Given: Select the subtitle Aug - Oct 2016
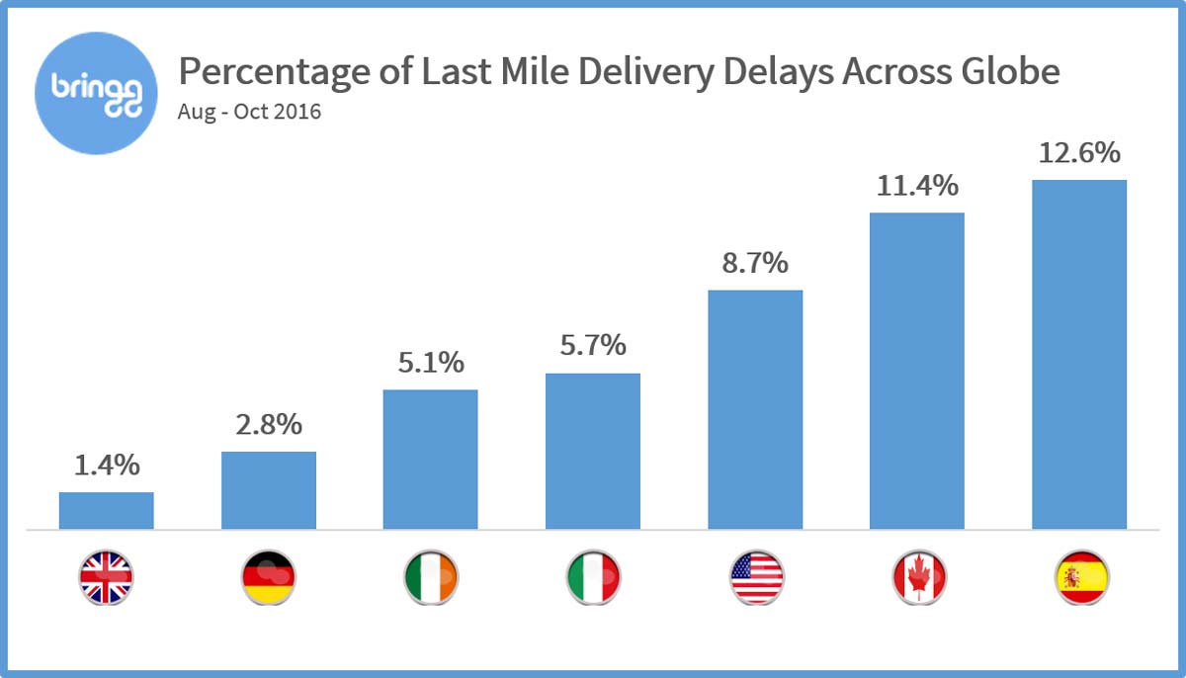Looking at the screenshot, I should pyautogui.click(x=249, y=112).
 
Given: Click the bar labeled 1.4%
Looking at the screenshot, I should pyautogui.click(x=107, y=510).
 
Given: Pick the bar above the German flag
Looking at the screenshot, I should pyautogui.click(x=269, y=490).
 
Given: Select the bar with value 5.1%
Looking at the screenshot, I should pyautogui.click(x=430, y=460).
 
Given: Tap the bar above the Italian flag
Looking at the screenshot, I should pyautogui.click(x=593, y=451).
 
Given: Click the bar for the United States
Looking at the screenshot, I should pyautogui.click(x=755, y=409).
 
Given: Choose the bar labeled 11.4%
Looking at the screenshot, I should pyautogui.click(x=916, y=371).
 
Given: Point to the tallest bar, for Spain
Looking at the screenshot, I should pyautogui.click(x=1079, y=354).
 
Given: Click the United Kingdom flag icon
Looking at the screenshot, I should pyautogui.click(x=107, y=577).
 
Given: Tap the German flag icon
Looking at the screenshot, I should pyautogui.click(x=269, y=577).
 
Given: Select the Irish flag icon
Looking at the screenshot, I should pyautogui.click(x=431, y=577).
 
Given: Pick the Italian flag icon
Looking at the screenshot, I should pyautogui.click(x=593, y=577).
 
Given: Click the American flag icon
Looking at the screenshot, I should pyautogui.click(x=756, y=577).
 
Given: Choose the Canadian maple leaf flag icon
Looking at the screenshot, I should pyautogui.click(x=918, y=577).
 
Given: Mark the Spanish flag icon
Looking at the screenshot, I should pyautogui.click(x=1080, y=577).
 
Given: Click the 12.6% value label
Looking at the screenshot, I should pyautogui.click(x=1078, y=153).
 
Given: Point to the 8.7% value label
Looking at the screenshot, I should pyautogui.click(x=755, y=263).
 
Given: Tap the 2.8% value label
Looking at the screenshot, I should pyautogui.click(x=269, y=426).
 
